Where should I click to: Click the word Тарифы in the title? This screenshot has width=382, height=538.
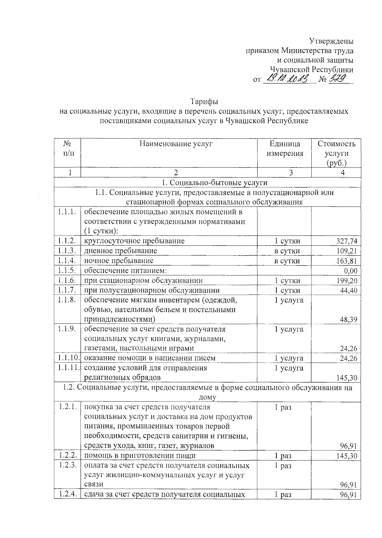click(204, 102)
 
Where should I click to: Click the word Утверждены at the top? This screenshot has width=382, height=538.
click(331, 41)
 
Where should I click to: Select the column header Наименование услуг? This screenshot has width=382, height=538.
click(176, 144)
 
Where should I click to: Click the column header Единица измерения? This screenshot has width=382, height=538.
click(285, 149)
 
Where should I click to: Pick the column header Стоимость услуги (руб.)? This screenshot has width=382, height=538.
click(336, 153)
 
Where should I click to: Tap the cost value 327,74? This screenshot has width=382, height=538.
click(347, 241)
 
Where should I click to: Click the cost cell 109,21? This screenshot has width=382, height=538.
click(347, 251)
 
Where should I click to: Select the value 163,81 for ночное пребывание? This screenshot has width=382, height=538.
click(347, 261)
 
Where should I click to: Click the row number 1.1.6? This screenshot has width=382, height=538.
click(67, 280)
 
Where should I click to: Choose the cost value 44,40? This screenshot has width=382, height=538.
click(349, 290)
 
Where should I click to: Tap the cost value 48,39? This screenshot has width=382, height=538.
click(349, 320)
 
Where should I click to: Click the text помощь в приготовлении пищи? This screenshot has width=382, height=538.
click(140, 456)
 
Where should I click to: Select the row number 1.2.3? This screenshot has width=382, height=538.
click(67, 466)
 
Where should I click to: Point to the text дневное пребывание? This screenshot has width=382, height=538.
click(121, 251)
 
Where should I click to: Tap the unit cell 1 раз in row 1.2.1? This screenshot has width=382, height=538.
click(283, 407)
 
